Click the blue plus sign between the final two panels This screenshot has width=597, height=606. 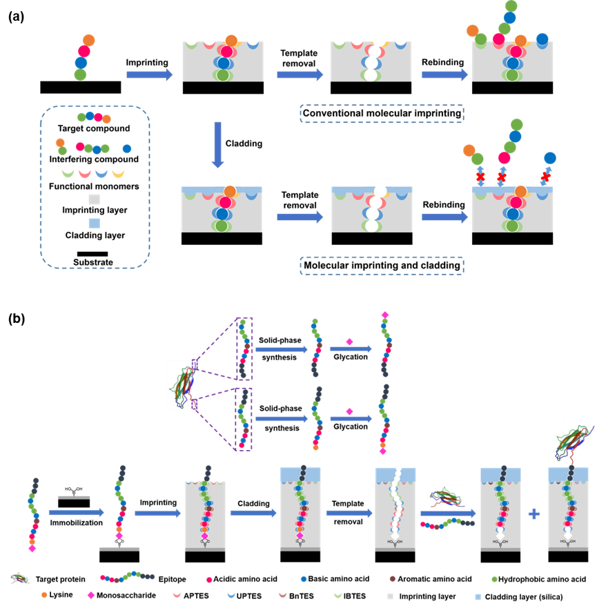coord(534,514)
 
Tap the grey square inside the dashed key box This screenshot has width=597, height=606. coord(94,199)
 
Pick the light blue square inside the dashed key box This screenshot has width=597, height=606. coord(94,223)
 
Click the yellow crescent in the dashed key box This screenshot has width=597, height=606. coord(118,173)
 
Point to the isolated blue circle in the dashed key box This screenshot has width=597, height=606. coord(127,148)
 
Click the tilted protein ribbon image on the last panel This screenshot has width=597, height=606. coord(570,436)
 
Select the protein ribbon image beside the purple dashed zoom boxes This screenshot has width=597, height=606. coord(182,385)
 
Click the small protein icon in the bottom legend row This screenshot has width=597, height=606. coord(20,578)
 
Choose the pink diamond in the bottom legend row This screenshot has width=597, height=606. coord(90,594)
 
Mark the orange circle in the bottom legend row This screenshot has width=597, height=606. coord(44,594)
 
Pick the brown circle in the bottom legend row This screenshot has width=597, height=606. coord(393,579)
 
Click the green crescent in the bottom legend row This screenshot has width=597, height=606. coord(337,594)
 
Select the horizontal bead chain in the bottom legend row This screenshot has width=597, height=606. coord(128,577)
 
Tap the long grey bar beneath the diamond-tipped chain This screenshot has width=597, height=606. coord(119,549)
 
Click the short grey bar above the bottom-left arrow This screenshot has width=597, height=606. coord(73,497)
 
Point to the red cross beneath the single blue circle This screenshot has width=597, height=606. coord(545,177)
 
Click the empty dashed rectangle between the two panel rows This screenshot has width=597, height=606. coord(382,114)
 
